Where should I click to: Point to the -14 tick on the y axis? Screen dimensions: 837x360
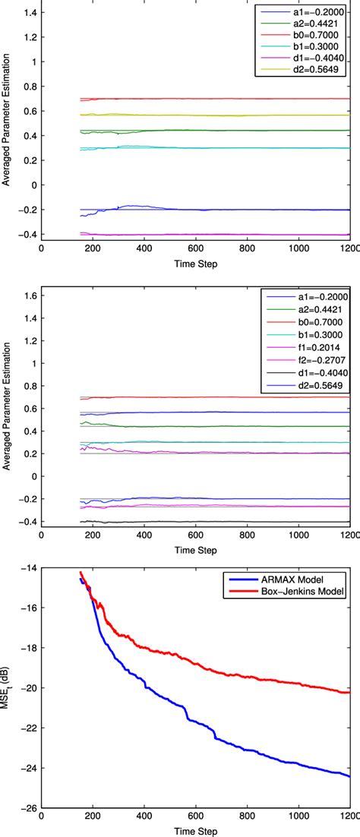pyautogui.click(x=28, y=568)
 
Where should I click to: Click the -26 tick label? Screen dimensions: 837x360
pyautogui.click(x=28, y=808)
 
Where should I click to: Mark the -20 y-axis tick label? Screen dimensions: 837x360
pyautogui.click(x=28, y=688)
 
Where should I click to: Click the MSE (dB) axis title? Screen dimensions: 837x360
pyautogui.click(x=10, y=687)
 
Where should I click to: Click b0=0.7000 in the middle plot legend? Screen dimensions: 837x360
pyautogui.click(x=315, y=322)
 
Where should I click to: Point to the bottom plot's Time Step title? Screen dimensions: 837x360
pyautogui.click(x=195, y=832)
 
